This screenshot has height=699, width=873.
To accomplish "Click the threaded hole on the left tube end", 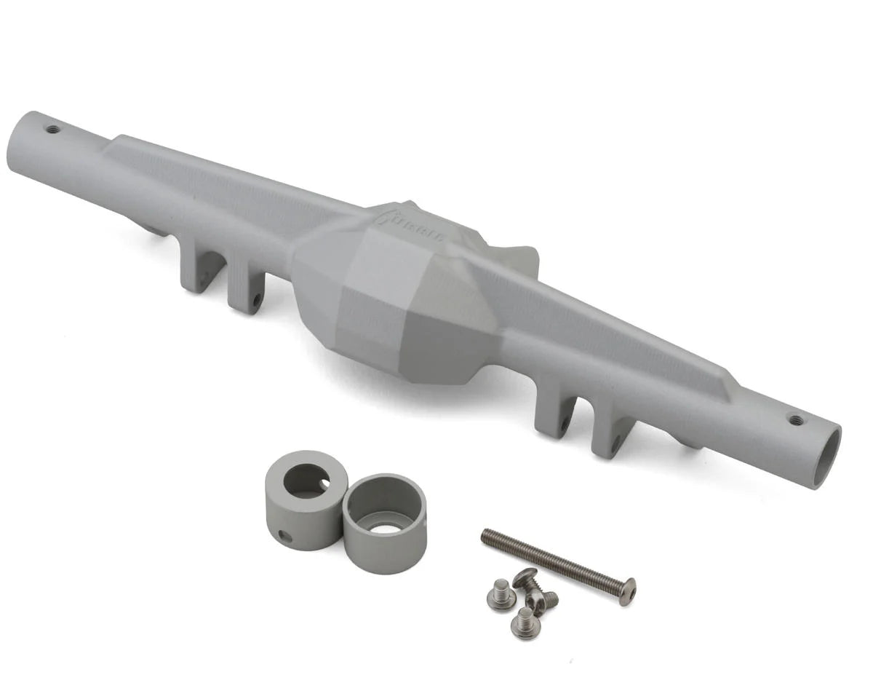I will coord(52,130).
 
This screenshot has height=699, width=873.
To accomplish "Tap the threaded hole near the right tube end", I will coord(795,419).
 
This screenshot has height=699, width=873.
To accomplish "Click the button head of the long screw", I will coord(626,591).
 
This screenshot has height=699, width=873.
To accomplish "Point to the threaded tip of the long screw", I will coord(487,537).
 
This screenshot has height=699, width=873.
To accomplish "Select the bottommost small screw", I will coord(524,623).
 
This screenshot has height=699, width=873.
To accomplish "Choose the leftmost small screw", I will coord(501,596).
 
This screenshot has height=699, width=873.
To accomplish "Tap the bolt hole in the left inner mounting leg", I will coord(256,299).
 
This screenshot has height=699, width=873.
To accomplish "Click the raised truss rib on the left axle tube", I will coord(218,182).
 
